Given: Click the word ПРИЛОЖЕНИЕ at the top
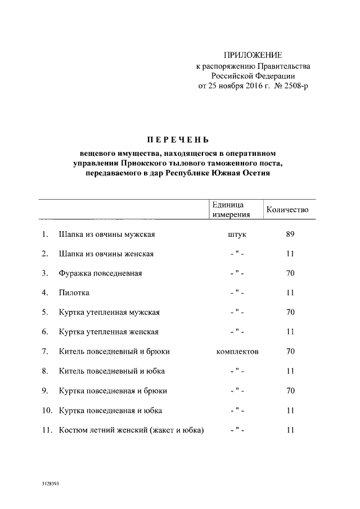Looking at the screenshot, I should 253,55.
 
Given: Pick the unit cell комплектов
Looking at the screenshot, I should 237,352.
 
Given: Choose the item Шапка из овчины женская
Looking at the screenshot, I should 106,254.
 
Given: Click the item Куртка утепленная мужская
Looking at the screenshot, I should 109,312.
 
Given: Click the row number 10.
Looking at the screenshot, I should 47,411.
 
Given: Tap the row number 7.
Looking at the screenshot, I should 45,352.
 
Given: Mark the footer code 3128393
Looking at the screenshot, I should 51,483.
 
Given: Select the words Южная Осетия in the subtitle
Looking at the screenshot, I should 246,174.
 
